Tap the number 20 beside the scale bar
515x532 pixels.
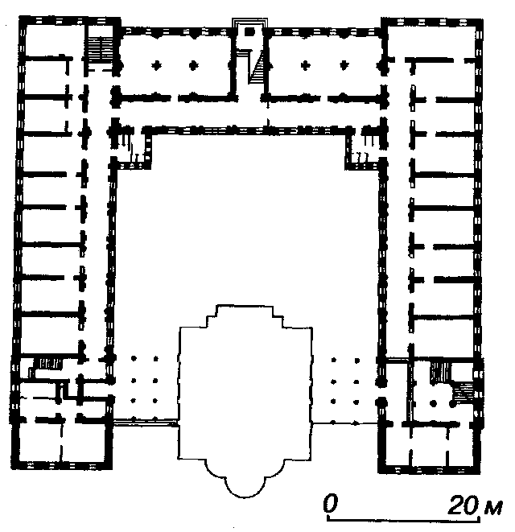[463, 505]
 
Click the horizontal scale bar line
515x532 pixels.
[403, 519]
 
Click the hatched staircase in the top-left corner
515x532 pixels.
[100, 50]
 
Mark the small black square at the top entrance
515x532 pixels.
[249, 32]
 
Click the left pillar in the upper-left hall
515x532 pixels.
[156, 65]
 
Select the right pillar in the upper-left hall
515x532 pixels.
[193, 65]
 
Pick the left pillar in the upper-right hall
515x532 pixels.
[305, 65]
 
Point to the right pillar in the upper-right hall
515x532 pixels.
[344, 65]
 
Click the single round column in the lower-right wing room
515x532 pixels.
[433, 404]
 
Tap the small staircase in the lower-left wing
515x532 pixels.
[48, 364]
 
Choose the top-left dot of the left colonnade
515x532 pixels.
[134, 358]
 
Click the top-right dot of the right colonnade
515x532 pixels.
[356, 361]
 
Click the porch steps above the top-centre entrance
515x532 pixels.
[249, 23]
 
